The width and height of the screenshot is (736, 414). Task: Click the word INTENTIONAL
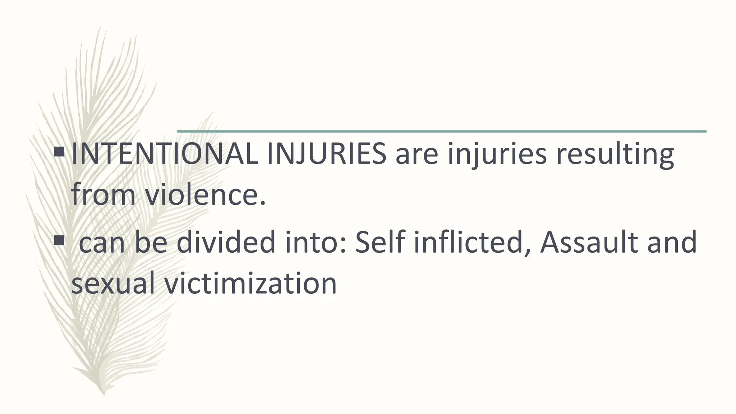pyautogui.click(x=165, y=154)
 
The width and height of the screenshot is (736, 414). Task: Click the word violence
pyautogui.click(x=205, y=195)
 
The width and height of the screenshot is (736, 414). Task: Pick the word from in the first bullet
pyautogui.click(x=103, y=195)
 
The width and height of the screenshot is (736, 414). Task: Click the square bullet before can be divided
pyautogui.click(x=59, y=240)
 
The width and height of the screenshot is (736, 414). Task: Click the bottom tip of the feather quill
pyautogui.click(x=103, y=393)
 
